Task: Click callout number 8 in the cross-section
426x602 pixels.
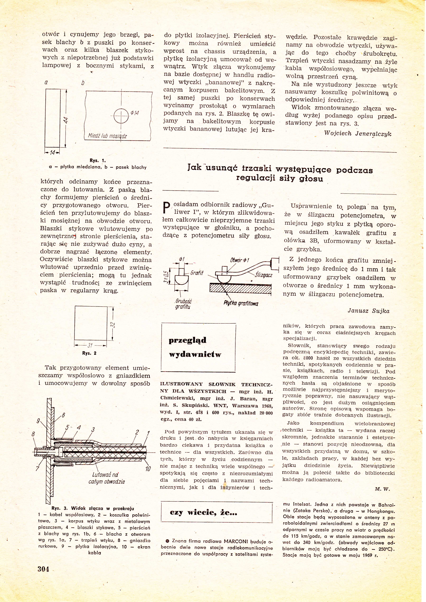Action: point(33,434)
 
